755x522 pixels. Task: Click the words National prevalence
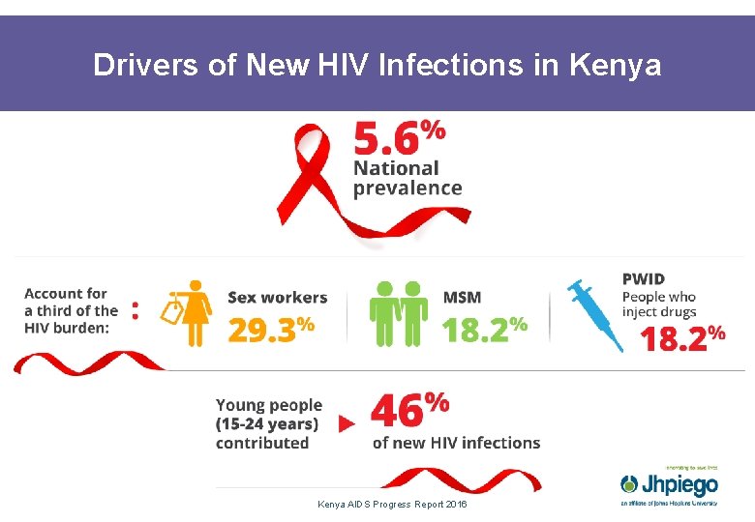point(407,178)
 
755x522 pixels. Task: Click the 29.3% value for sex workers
point(271,329)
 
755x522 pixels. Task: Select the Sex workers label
point(277,298)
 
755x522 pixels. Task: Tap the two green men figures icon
point(399,313)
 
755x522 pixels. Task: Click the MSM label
point(462,298)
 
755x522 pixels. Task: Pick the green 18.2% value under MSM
point(484,329)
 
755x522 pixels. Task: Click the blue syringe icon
point(596,315)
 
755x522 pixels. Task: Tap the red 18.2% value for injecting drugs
point(682,338)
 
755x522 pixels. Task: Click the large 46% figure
point(409,410)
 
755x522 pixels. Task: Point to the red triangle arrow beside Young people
point(346,423)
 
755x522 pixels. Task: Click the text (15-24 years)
point(267,423)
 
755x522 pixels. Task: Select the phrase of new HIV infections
point(456,443)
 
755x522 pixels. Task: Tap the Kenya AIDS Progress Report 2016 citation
point(391,505)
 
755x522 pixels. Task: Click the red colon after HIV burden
point(135,310)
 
